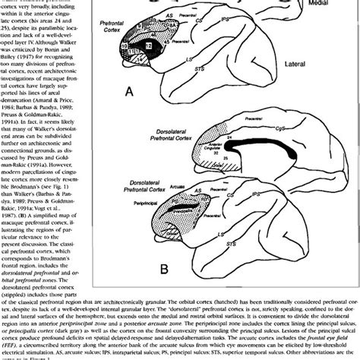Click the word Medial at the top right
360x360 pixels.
pyautogui.click(x=335, y=5)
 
